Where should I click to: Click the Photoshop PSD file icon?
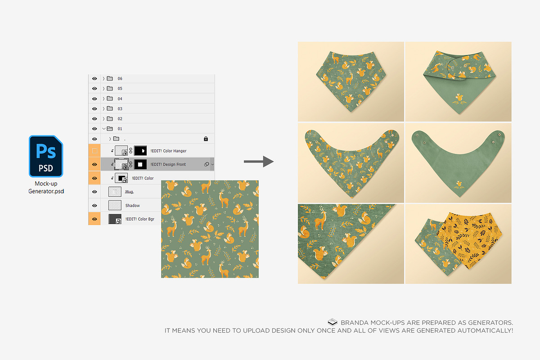pyautogui.click(x=46, y=156)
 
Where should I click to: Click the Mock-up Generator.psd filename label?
pyautogui.click(x=46, y=187)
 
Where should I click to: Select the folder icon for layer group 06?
pyautogui.click(x=110, y=78)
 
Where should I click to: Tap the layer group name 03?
pyautogui.click(x=120, y=109)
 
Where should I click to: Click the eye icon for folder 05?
pyautogui.click(x=94, y=89)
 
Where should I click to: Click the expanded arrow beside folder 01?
pyautogui.click(x=103, y=129)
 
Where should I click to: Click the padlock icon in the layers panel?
pyautogui.click(x=206, y=139)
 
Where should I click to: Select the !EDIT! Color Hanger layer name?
pyautogui.click(x=168, y=151)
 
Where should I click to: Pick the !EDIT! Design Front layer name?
pyautogui.click(x=168, y=164)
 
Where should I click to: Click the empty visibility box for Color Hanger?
pyautogui.click(x=94, y=151)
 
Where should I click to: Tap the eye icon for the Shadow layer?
pyautogui.click(x=94, y=206)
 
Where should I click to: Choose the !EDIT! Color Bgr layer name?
pyautogui.click(x=139, y=219)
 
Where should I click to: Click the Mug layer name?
pyautogui.click(x=129, y=192)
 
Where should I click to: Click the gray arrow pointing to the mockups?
pyautogui.click(x=259, y=161)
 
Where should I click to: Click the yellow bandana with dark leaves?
pyautogui.click(x=470, y=240)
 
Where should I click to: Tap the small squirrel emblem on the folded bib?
pyautogui.click(x=459, y=99)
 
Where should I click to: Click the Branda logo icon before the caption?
pyautogui.click(x=333, y=322)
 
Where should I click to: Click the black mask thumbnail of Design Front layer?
pyautogui.click(x=140, y=164)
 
